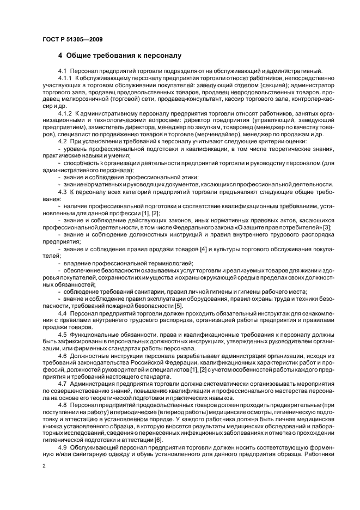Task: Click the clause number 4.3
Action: click(62, 192)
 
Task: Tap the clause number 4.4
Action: click(62, 313)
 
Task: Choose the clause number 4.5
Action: click(62, 335)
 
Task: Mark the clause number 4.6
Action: click(62, 355)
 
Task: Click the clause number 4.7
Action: click(62, 384)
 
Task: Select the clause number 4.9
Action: click(62, 447)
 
